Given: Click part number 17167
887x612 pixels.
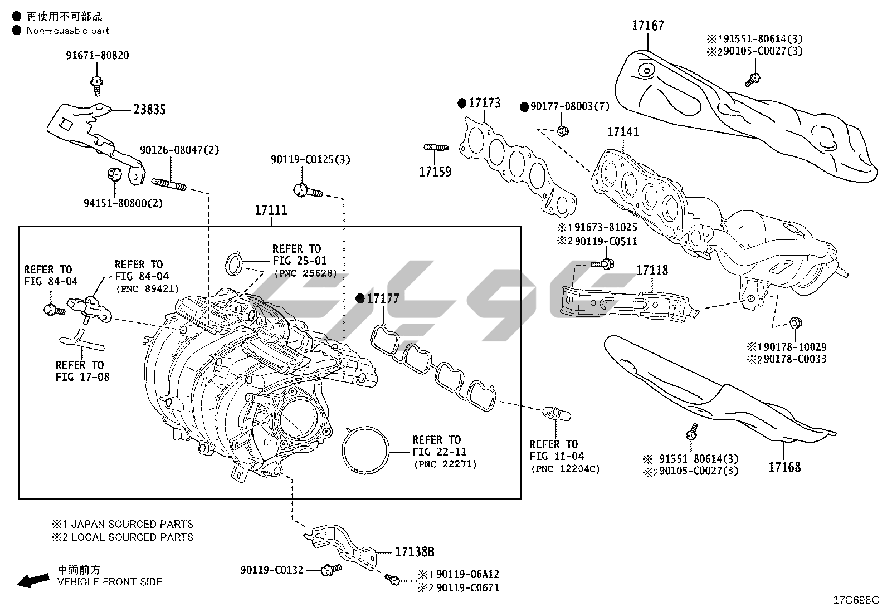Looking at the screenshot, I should pos(648,25).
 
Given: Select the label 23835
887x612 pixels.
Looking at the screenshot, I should pos(149,110).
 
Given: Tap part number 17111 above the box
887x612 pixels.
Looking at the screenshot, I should pos(271,210).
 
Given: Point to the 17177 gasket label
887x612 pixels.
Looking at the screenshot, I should pos(383,299).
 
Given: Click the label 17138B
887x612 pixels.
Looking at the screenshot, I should pos(415,552).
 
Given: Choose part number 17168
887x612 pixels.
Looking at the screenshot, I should pos(784,467).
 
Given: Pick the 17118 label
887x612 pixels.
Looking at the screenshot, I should pos(652,271).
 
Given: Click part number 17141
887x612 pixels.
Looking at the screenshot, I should pos(623,132).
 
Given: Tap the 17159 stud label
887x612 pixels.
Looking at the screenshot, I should pos(435,172).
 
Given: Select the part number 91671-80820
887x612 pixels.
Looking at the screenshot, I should pos(96,55).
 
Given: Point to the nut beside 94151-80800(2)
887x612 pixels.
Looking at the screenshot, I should pos(114,174).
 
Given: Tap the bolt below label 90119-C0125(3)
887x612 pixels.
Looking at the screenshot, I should pos(306,190).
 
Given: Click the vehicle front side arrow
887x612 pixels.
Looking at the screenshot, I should pos(32,580).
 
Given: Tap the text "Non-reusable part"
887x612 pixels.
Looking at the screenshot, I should pos(67,31).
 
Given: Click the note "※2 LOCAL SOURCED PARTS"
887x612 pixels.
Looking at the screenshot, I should pos(123,537).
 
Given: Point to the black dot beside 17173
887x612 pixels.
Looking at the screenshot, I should pos(461,103).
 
